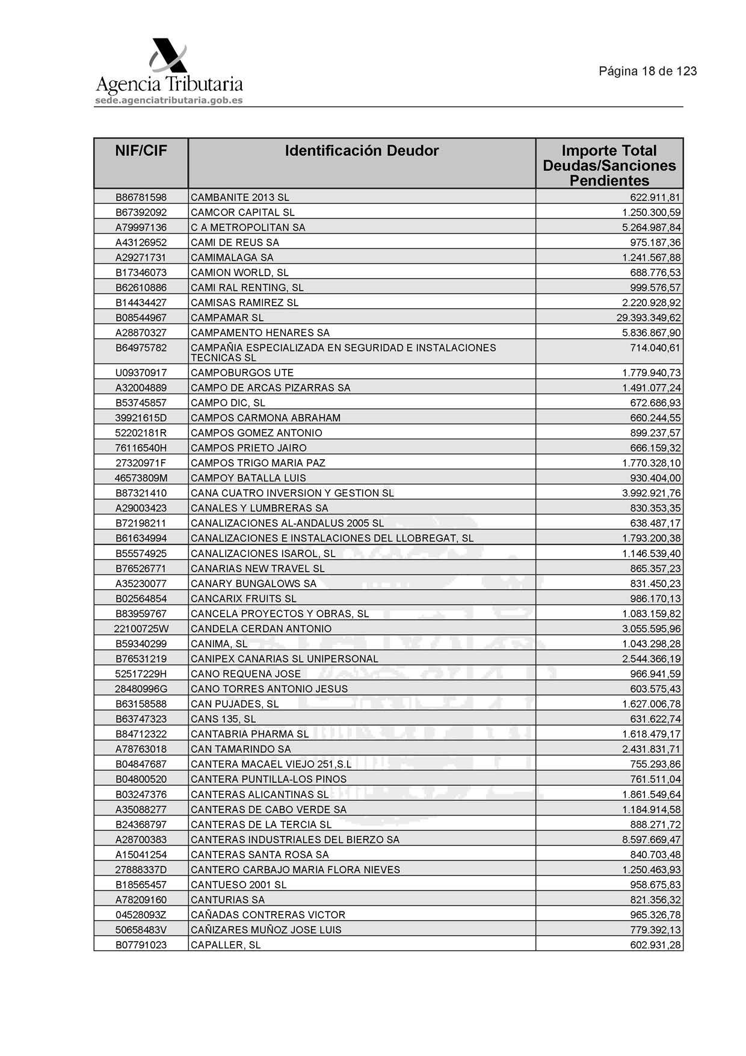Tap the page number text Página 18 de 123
pos(647,71)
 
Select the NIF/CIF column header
pos(141,151)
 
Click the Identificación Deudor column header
pos(362,151)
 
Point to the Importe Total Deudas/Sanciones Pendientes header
pos(609,165)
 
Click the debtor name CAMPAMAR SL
pos(227,318)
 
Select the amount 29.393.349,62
pos(648,318)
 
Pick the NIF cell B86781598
pos(141,197)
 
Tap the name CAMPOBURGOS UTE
pos(242,373)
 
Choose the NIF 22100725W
pos(141,629)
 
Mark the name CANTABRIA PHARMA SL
pos(249,734)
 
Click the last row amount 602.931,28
pos(655,945)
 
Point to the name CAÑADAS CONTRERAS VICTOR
pos(268,915)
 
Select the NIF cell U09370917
pos(141,373)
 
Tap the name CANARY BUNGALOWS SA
pos(253,584)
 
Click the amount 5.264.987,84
pos(651,227)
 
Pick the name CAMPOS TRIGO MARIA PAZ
pos(257,463)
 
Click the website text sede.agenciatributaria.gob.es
pos(168,100)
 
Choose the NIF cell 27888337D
pos(141,869)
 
